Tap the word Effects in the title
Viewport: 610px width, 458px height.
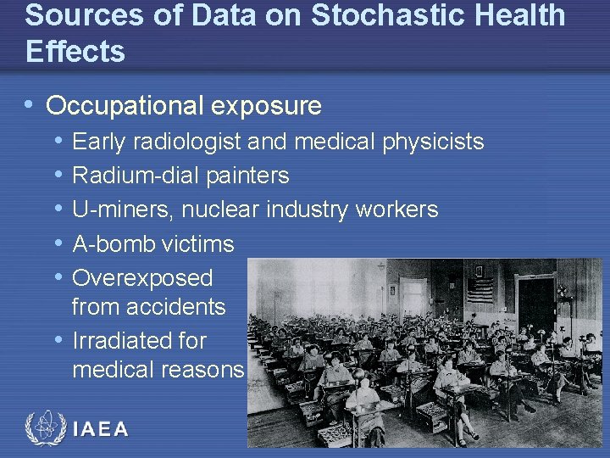pyautogui.click(x=75, y=52)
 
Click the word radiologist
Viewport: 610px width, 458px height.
pyautogui.click(x=191, y=142)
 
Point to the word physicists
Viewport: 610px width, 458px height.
pyautogui.click(x=431, y=142)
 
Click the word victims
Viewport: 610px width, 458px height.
pyautogui.click(x=198, y=244)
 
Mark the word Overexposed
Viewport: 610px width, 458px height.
pyautogui.click(x=142, y=278)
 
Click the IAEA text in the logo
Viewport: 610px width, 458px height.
pyautogui.click(x=101, y=429)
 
